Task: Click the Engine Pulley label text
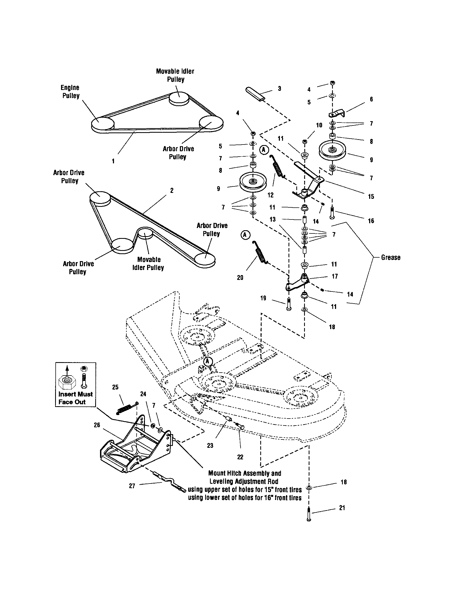pyautogui.click(x=70, y=91)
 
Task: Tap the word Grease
pyautogui.click(x=390, y=257)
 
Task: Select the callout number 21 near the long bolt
pyautogui.click(x=342, y=508)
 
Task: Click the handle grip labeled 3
pyautogui.click(x=255, y=94)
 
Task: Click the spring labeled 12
pyautogui.click(x=277, y=167)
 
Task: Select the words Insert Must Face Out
pyautogui.click(x=75, y=398)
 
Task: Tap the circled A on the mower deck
pyautogui.click(x=208, y=362)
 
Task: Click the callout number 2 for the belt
pyautogui.click(x=172, y=190)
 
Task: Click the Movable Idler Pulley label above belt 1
pyautogui.click(x=175, y=75)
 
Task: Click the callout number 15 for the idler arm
pyautogui.click(x=371, y=197)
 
